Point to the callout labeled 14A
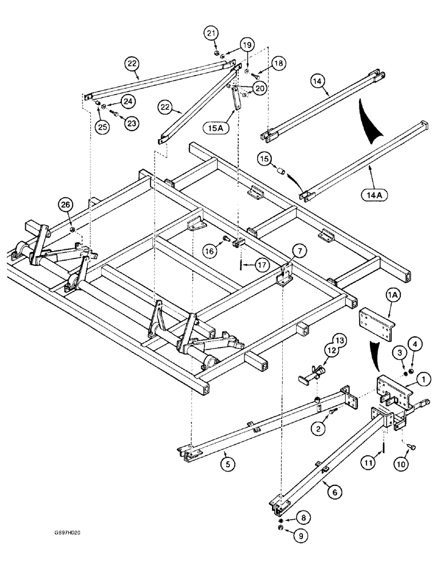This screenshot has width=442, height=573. click(376, 195)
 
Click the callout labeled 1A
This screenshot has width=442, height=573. click(392, 296)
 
